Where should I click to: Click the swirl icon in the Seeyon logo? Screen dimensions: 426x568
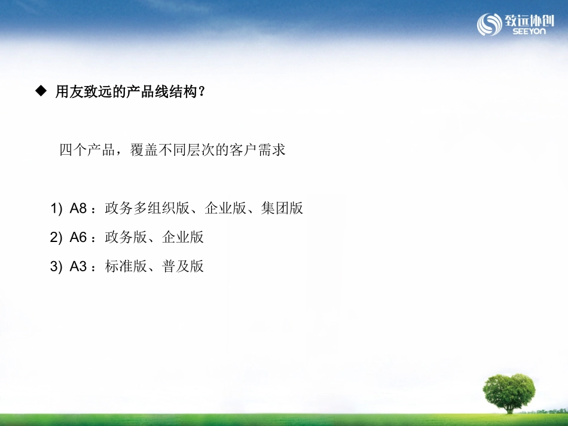489,24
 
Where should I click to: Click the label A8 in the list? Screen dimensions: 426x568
78,209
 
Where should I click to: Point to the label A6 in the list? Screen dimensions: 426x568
78,237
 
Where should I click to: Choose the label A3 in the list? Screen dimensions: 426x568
78,266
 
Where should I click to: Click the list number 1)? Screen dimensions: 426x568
56,209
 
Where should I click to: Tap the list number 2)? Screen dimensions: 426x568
56,237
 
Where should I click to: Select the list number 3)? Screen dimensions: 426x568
56,266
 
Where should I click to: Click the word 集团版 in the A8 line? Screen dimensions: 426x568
282,209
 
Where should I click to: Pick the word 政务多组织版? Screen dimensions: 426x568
147,209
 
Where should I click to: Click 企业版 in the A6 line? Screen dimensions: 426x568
183,237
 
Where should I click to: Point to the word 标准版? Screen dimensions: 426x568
126,266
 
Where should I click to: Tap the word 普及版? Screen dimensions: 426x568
183,266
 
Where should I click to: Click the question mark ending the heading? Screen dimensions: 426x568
201,93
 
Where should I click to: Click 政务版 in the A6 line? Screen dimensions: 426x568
126,237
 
